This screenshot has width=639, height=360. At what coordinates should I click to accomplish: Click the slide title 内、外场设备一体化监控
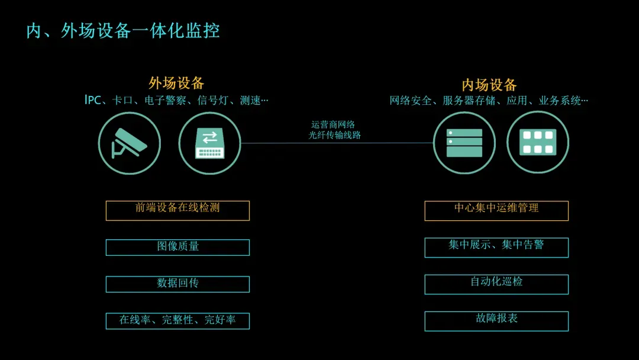[123, 31]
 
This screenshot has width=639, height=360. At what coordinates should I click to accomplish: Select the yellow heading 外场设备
[176, 83]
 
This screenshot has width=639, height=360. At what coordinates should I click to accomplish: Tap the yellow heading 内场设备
[489, 85]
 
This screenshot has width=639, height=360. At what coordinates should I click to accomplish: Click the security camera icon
[130, 143]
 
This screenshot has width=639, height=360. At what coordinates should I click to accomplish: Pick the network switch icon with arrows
[209, 143]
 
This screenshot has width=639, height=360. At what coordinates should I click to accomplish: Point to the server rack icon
[464, 143]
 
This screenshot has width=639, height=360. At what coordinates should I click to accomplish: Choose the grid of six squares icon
[538, 142]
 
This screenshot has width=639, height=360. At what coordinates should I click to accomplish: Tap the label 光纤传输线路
[335, 135]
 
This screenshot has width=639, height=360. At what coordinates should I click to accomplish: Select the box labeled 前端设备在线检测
[177, 210]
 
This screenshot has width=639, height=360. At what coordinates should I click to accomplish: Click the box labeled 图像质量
[177, 247]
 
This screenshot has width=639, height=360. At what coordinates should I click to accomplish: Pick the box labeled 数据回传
[177, 284]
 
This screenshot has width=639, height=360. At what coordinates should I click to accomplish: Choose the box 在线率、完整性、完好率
[177, 321]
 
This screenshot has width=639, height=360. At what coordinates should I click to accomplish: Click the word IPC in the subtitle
[93, 100]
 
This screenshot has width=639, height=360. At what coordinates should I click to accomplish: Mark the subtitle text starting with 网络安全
[489, 101]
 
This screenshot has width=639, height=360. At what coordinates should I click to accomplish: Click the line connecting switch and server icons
[337, 143]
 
